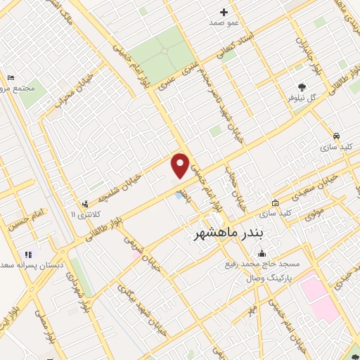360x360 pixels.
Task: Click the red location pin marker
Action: tap(181, 165)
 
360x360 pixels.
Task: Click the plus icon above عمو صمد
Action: tap(224, 12)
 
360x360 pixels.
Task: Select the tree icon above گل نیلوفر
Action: tap(302, 88)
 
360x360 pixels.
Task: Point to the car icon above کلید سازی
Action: tap(337, 136)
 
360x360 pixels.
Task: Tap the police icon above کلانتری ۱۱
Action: tap(86, 202)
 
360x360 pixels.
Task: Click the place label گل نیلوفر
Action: tap(307, 99)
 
